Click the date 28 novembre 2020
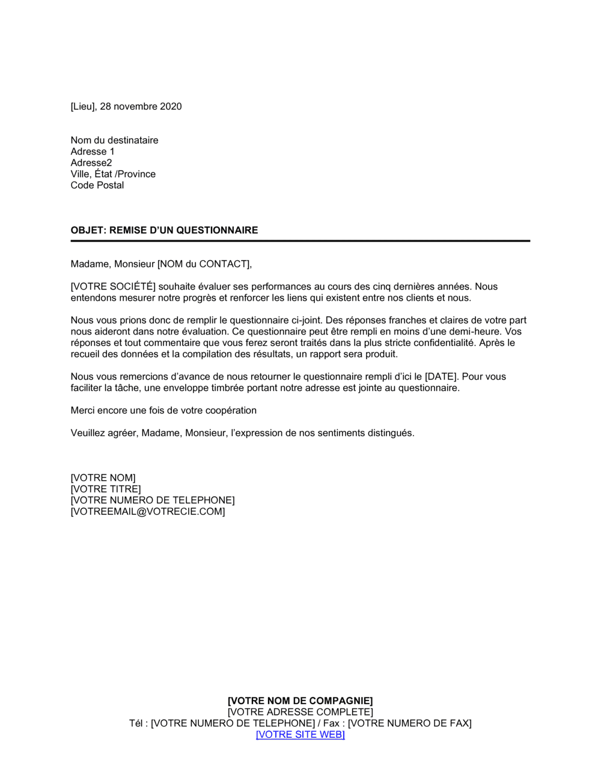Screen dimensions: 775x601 pyautogui.click(x=141, y=106)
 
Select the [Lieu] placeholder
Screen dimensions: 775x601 pyautogui.click(x=83, y=106)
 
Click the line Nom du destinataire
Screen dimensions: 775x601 pyautogui.click(x=114, y=140)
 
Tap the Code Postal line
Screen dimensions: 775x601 pyautogui.click(x=97, y=185)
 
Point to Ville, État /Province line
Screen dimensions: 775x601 pyautogui.click(x=113, y=174)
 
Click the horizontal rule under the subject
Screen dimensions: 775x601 pyautogui.click(x=300, y=241)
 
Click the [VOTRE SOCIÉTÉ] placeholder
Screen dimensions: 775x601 pyautogui.click(x=113, y=287)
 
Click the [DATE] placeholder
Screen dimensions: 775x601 pyautogui.click(x=441, y=377)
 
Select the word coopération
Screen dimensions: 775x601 pyautogui.click(x=230, y=410)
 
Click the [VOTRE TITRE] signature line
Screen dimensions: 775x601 pyautogui.click(x=106, y=489)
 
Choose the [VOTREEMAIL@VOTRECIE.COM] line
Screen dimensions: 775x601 pyautogui.click(x=148, y=512)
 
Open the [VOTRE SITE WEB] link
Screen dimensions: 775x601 pyautogui.click(x=300, y=735)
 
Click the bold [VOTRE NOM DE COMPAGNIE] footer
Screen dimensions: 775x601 pyautogui.click(x=300, y=701)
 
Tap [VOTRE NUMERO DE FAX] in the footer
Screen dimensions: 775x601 pyautogui.click(x=410, y=723)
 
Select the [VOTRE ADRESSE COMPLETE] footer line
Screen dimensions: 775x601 pyautogui.click(x=300, y=712)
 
